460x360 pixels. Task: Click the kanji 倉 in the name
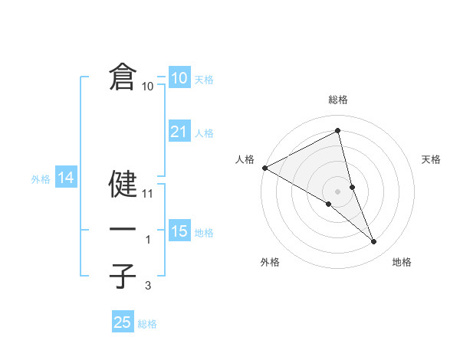pos(123,77)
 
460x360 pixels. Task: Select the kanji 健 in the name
pos(123,184)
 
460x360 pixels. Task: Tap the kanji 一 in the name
pos(123,230)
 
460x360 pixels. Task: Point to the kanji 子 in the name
pos(123,275)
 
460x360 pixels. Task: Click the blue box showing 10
pos(179,78)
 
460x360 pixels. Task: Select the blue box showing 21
pos(179,132)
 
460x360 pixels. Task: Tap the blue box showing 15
pos(179,231)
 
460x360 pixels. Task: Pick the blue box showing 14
pos(65,178)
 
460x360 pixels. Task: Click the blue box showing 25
pos(123,322)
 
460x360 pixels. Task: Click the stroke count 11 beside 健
pos(149,194)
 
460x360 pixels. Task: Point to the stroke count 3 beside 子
pos(149,285)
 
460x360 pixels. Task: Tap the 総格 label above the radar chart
pos(338,100)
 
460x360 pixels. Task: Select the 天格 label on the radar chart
pos(431,159)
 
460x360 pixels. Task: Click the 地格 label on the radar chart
pos(402,263)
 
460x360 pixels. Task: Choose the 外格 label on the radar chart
pos(269,263)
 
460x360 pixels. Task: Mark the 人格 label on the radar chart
pos(245,159)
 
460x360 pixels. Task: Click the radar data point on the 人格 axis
pos(264,167)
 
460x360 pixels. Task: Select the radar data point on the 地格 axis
pos(374,241)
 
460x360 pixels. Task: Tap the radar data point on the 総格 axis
pos(338,131)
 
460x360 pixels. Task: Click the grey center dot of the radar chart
pos(338,190)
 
